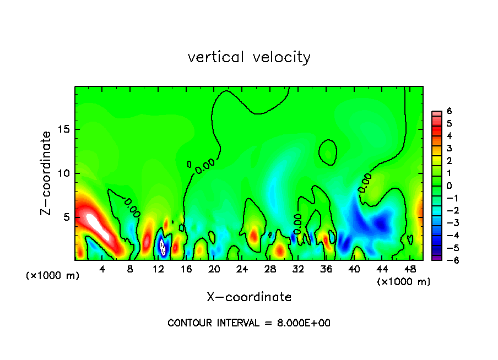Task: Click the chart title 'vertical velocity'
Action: (249, 57)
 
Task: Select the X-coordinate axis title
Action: (249, 297)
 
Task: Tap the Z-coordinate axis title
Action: (46, 173)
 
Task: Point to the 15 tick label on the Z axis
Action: (63, 130)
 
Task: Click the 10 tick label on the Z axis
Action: (63, 173)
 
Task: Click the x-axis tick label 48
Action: (409, 269)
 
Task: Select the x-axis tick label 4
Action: (102, 269)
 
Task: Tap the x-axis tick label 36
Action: (326, 269)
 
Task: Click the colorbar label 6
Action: (450, 111)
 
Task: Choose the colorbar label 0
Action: (450, 186)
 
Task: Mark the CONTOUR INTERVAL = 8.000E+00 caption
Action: (249, 323)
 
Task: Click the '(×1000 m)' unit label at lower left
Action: (53, 276)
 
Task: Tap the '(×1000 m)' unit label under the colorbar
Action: (404, 282)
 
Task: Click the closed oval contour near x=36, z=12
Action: (328, 152)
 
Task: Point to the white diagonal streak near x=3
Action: (98, 226)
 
